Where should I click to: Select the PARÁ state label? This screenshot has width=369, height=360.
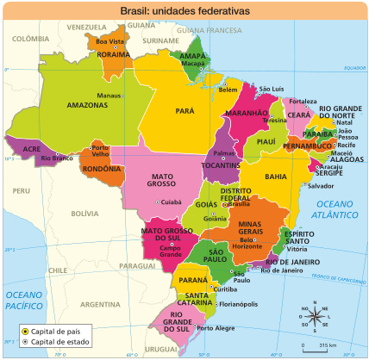184,111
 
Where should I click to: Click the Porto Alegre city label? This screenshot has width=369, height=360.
216,327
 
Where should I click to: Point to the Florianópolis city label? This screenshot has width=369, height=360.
239,304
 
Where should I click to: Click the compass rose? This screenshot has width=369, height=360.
316,316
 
